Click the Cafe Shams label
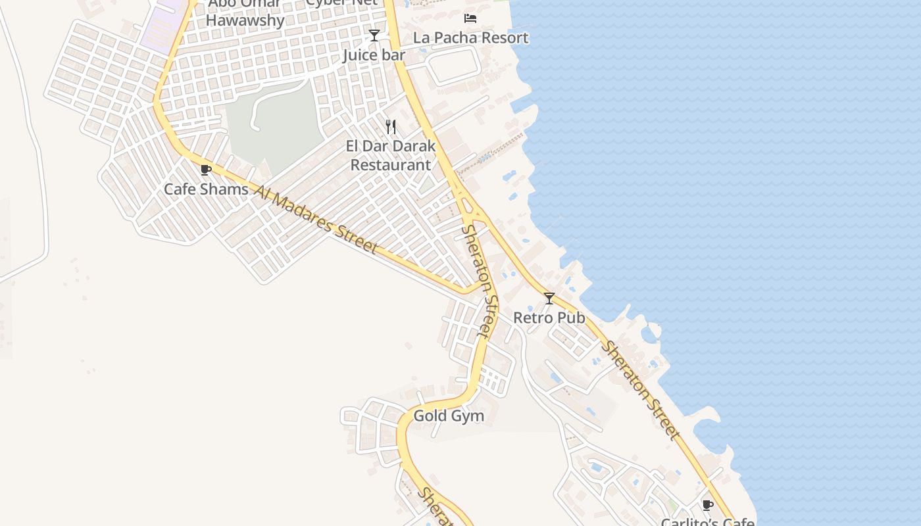coord(206,189)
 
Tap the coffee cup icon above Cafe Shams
coord(206,170)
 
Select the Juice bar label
coord(374,55)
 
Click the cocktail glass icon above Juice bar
coord(374,36)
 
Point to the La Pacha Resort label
coord(470,38)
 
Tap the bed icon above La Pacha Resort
coord(470,18)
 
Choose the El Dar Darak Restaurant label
coord(391,155)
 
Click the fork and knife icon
coord(391,127)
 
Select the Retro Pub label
coord(549,318)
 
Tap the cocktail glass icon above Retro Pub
coord(549,299)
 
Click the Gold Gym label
coord(449,416)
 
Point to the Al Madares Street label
coord(316,220)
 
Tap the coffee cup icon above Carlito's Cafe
coord(708,505)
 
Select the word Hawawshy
coord(245,20)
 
